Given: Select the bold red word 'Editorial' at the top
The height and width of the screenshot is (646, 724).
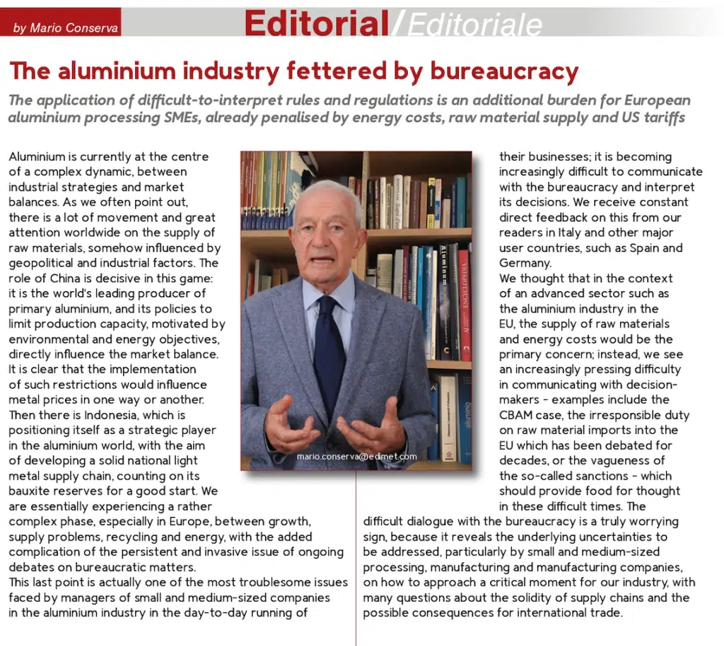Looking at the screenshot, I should pyautogui.click(x=316, y=23).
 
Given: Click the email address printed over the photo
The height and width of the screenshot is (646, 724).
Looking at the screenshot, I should pyautogui.click(x=356, y=457).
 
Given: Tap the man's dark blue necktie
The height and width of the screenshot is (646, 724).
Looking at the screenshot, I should pyautogui.click(x=329, y=353).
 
